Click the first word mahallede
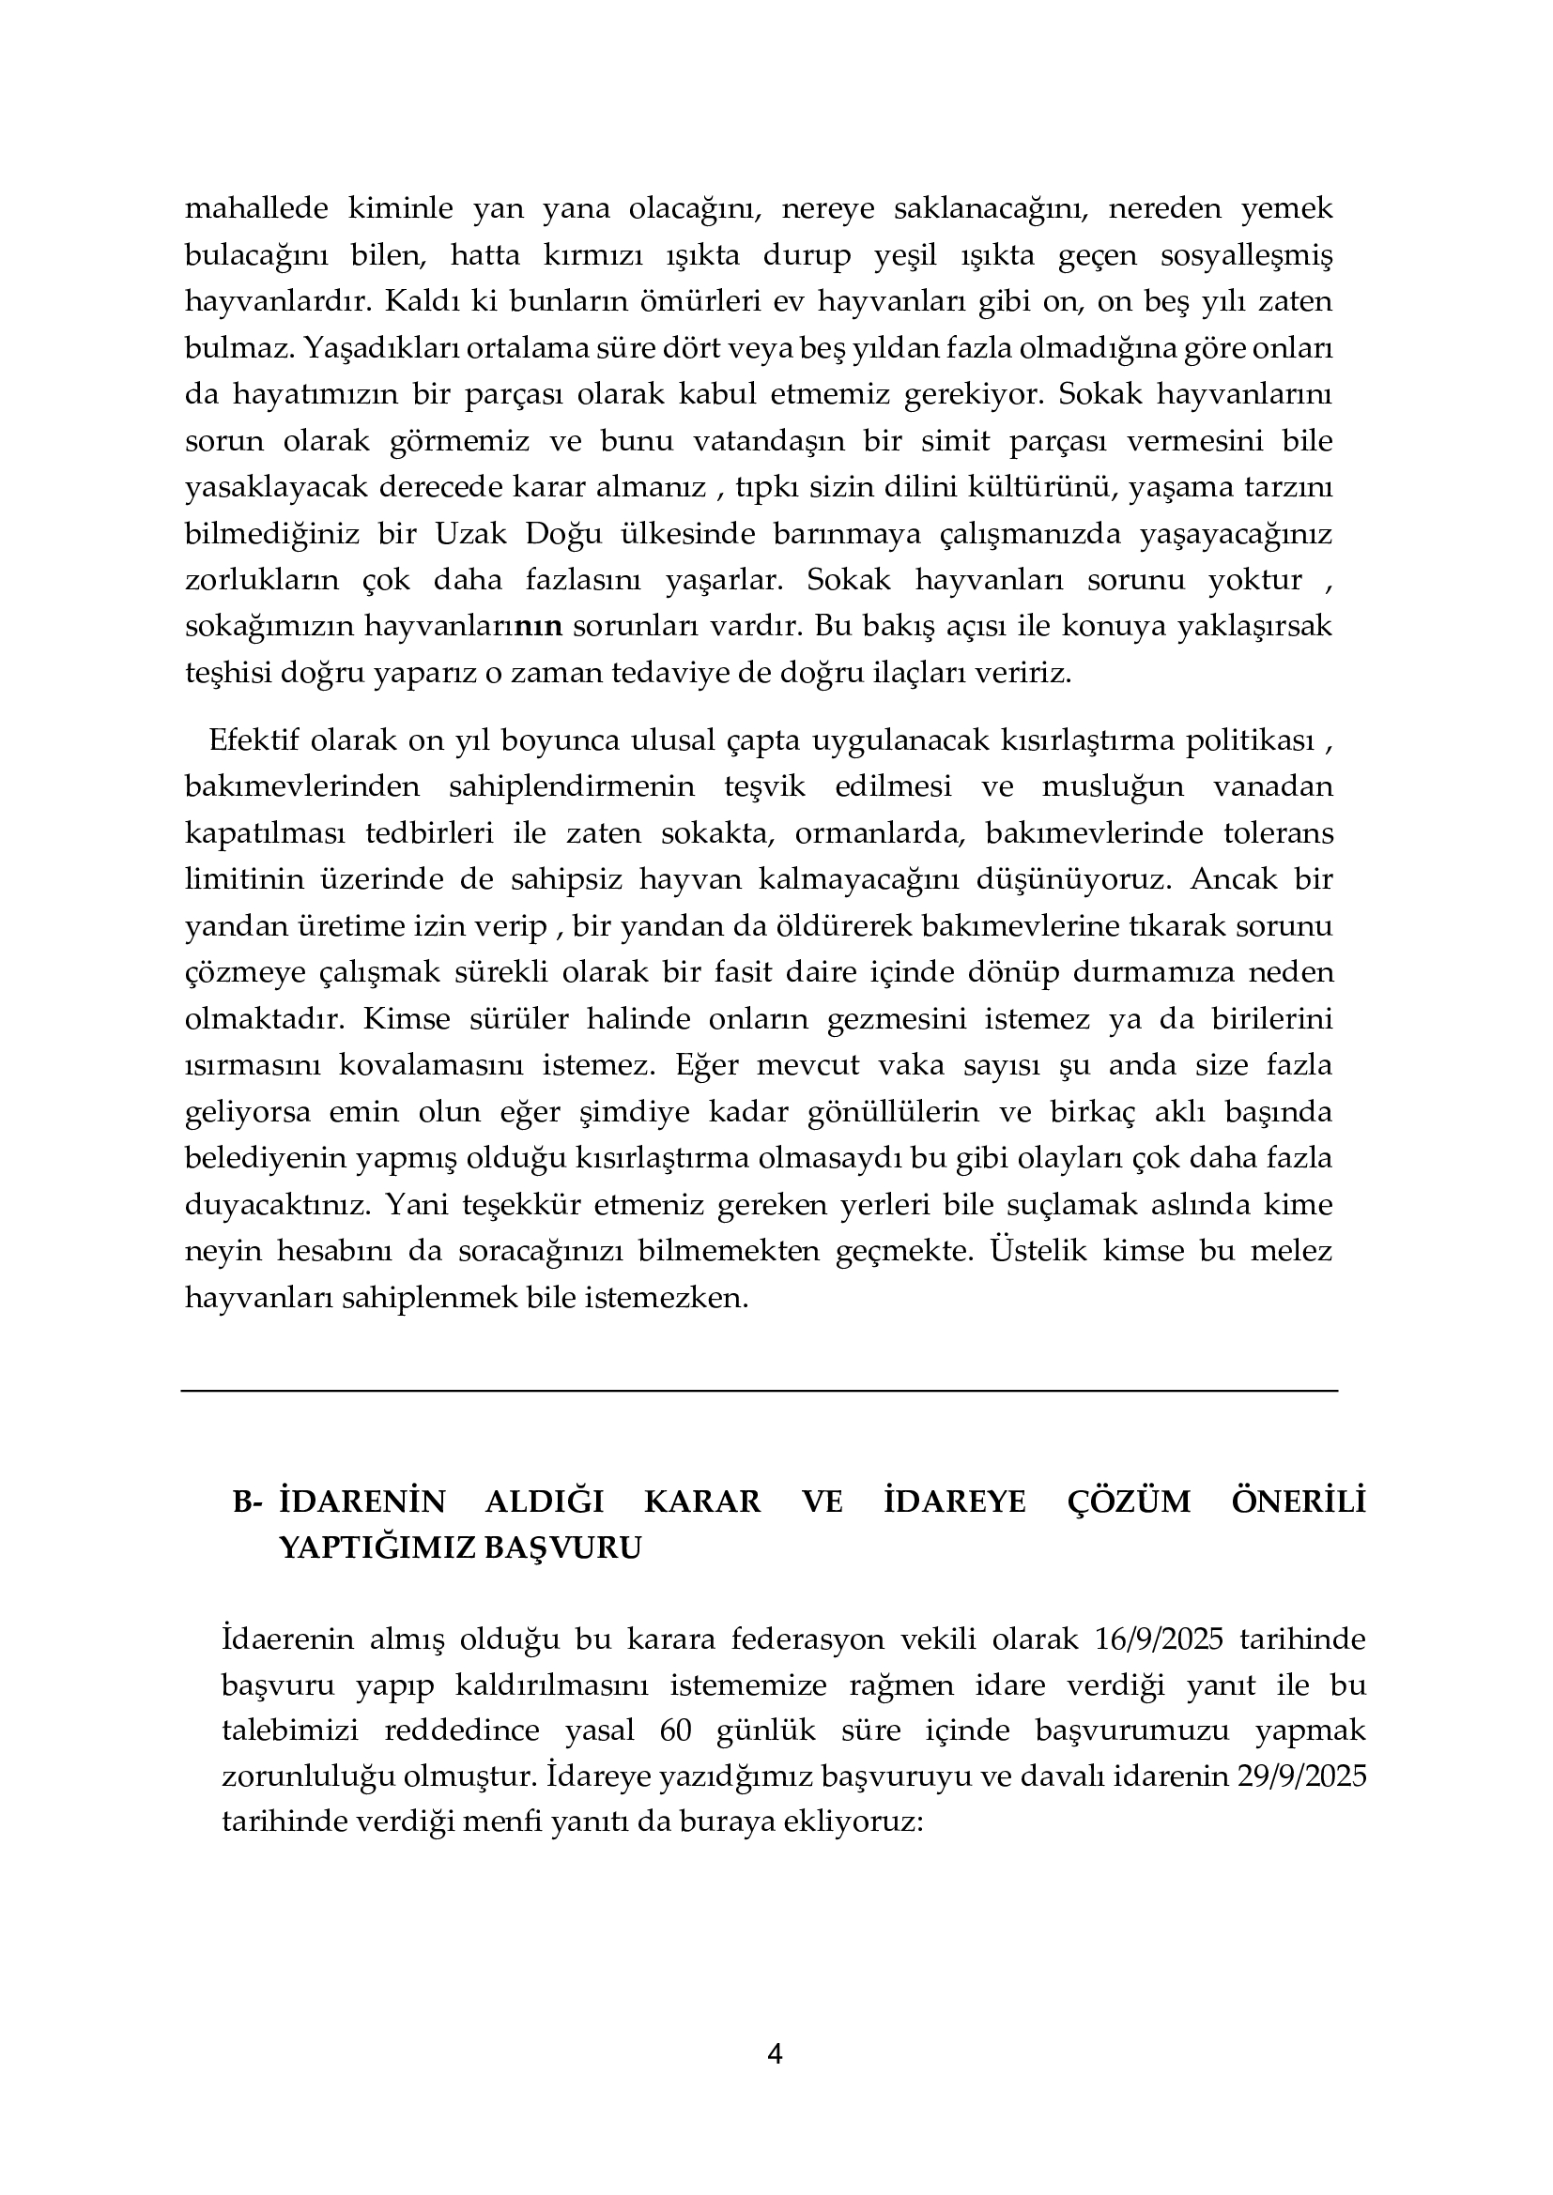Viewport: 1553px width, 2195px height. [256, 208]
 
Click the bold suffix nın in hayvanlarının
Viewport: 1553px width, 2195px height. [538, 626]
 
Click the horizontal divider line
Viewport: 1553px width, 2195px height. [760, 1391]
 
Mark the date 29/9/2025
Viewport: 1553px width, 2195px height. [1300, 1777]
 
